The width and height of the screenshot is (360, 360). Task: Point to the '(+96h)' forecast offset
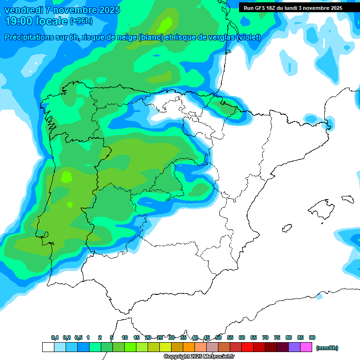click(x=82, y=21)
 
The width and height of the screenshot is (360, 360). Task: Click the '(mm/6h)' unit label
click(x=327, y=348)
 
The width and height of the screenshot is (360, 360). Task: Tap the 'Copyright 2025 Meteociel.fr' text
click(x=199, y=357)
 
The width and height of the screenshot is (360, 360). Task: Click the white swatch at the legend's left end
click(x=48, y=347)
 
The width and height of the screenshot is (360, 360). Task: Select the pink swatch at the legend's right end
click(x=306, y=347)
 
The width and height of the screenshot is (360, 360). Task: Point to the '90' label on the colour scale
click(x=312, y=337)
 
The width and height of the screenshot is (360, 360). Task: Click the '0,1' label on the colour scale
click(x=55, y=337)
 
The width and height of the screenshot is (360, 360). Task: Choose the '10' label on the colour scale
click(x=125, y=337)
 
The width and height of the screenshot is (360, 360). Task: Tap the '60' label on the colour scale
click(x=242, y=337)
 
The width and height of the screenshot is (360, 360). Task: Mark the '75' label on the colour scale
click(x=277, y=337)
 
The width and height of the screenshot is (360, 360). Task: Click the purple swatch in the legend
click(x=294, y=347)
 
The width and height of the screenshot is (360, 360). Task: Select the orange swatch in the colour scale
click(x=189, y=347)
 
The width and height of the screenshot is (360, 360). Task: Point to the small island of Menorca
click(x=347, y=199)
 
